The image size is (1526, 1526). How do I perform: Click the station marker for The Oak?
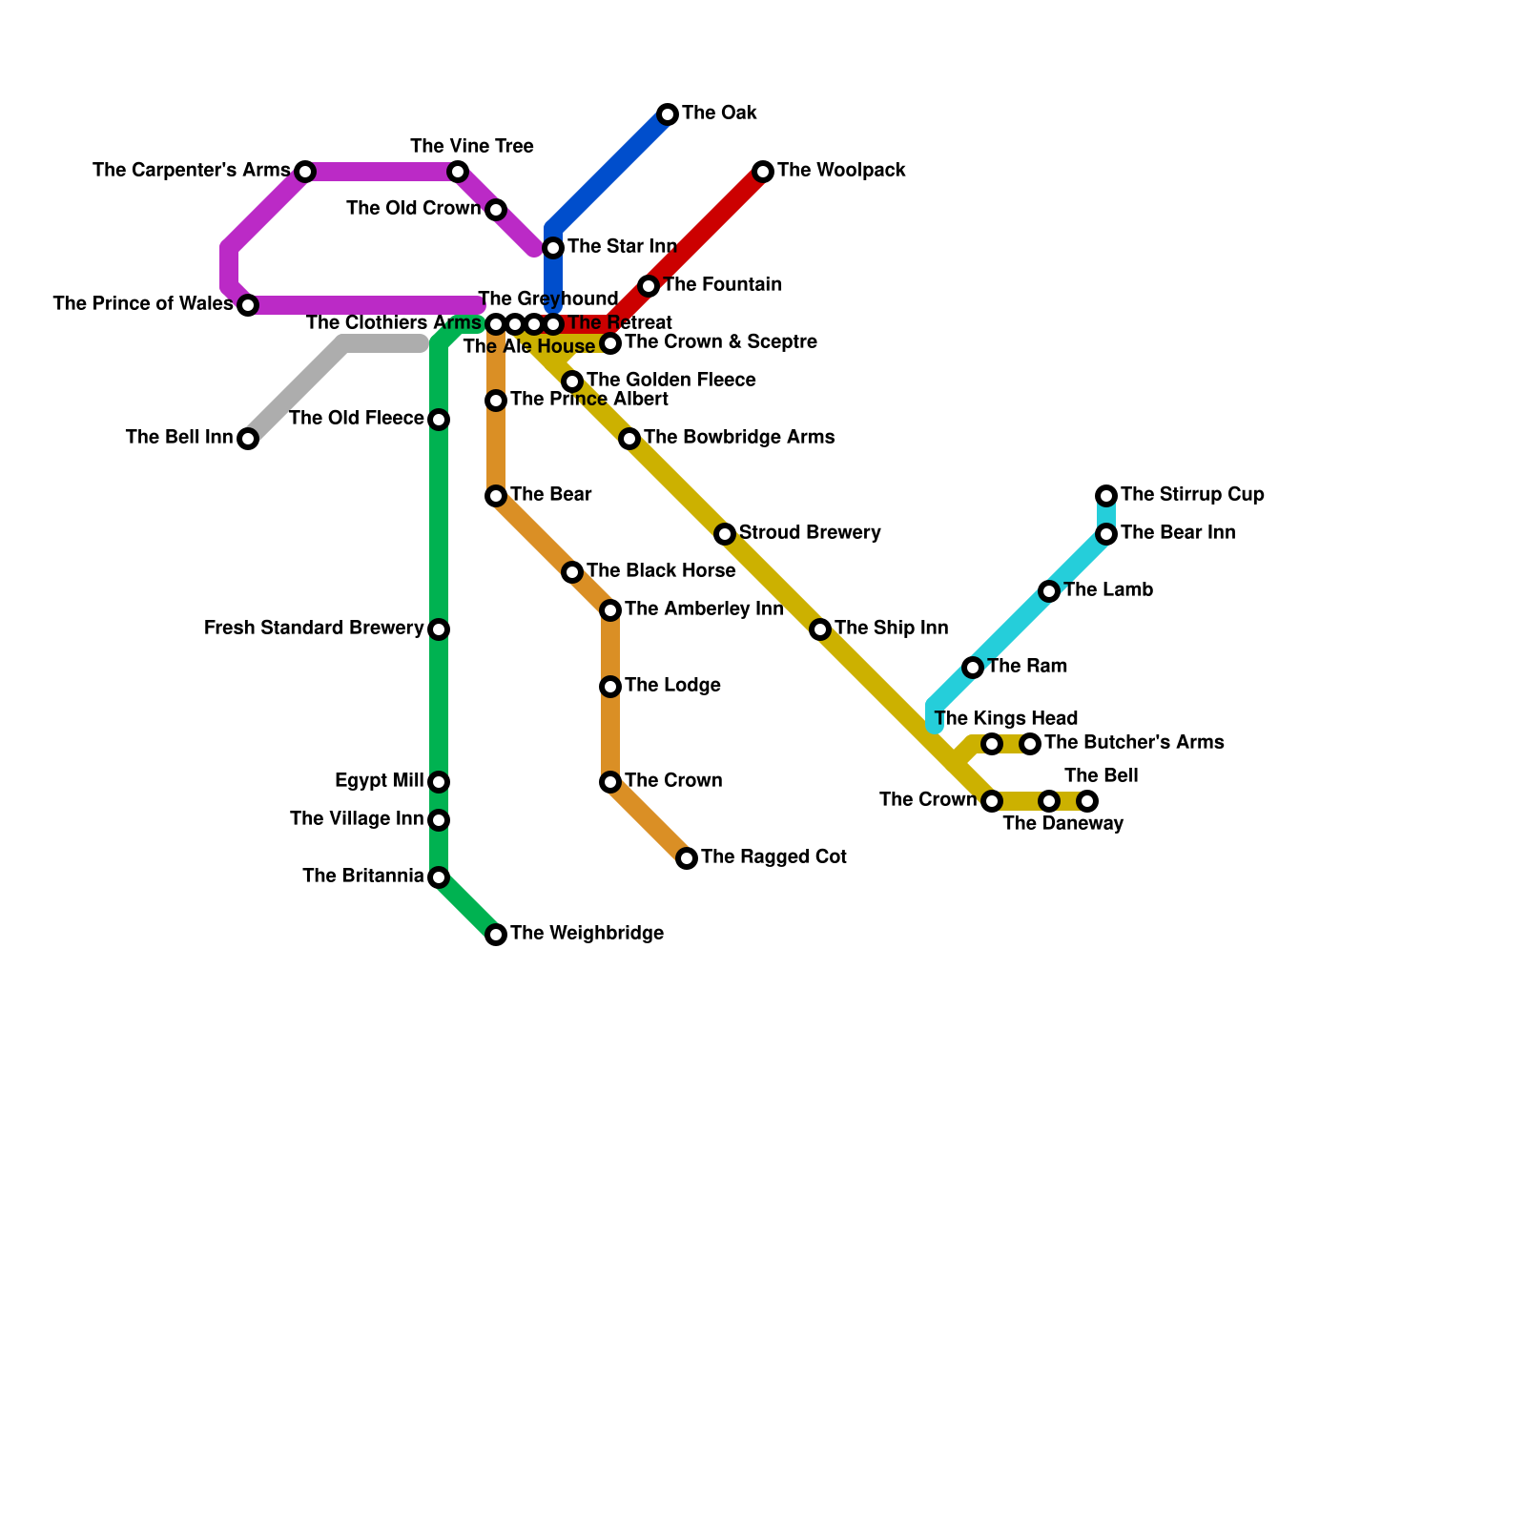668,114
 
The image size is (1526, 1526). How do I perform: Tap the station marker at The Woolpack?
763,172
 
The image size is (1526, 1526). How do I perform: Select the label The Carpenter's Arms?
191,171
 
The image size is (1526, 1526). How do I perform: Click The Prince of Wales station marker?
248,305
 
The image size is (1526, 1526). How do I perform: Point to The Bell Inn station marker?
248,439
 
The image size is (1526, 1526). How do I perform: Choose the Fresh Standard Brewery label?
314,629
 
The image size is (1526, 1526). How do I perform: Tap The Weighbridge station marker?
496,935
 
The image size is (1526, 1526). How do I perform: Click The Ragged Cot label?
773,857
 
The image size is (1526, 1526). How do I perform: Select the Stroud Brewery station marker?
725,534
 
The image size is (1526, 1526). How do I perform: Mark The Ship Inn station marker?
820,629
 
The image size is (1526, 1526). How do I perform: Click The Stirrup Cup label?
1192,495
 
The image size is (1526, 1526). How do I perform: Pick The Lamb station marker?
1049,591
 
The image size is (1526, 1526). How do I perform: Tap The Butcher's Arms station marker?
1030,744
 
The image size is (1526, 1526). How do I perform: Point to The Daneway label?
1063,824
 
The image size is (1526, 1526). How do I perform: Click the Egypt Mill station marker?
439,782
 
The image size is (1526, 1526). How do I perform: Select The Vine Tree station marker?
458,172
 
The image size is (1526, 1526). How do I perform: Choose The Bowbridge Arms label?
739,438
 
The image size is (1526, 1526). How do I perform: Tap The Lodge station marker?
610,687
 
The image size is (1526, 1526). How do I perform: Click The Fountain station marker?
649,286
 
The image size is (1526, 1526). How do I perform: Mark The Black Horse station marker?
572,572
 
